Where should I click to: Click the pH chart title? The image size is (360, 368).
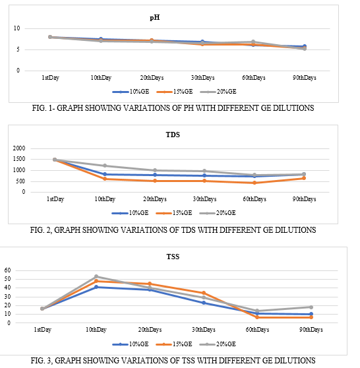[x=155, y=18]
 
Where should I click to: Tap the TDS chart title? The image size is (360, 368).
[x=173, y=135]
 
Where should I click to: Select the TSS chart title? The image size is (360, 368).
[x=173, y=257]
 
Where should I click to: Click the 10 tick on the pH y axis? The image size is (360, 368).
[x=16, y=28]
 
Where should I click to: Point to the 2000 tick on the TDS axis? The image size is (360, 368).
[x=19, y=148]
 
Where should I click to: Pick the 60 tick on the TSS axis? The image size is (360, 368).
[x=7, y=270]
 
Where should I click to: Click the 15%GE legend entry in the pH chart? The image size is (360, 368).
[x=175, y=92]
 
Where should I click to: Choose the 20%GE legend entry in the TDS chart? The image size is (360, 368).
[x=218, y=213]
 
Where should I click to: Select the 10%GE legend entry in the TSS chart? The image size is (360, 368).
[x=131, y=344]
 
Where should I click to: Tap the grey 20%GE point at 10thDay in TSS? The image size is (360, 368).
[x=96, y=276]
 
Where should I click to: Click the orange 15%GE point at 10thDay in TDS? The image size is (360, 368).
[x=105, y=179]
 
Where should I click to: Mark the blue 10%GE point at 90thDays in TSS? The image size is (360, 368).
[x=311, y=314]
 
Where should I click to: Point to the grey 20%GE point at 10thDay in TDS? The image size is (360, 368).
[x=105, y=166]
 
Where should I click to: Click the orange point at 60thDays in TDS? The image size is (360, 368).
[x=255, y=183]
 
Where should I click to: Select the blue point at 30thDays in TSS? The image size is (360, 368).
[x=204, y=303]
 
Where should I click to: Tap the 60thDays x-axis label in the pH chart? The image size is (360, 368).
[x=254, y=78]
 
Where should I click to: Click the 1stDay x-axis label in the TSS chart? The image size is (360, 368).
[x=42, y=330]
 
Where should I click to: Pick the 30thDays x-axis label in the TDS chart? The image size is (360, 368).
[x=204, y=199]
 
